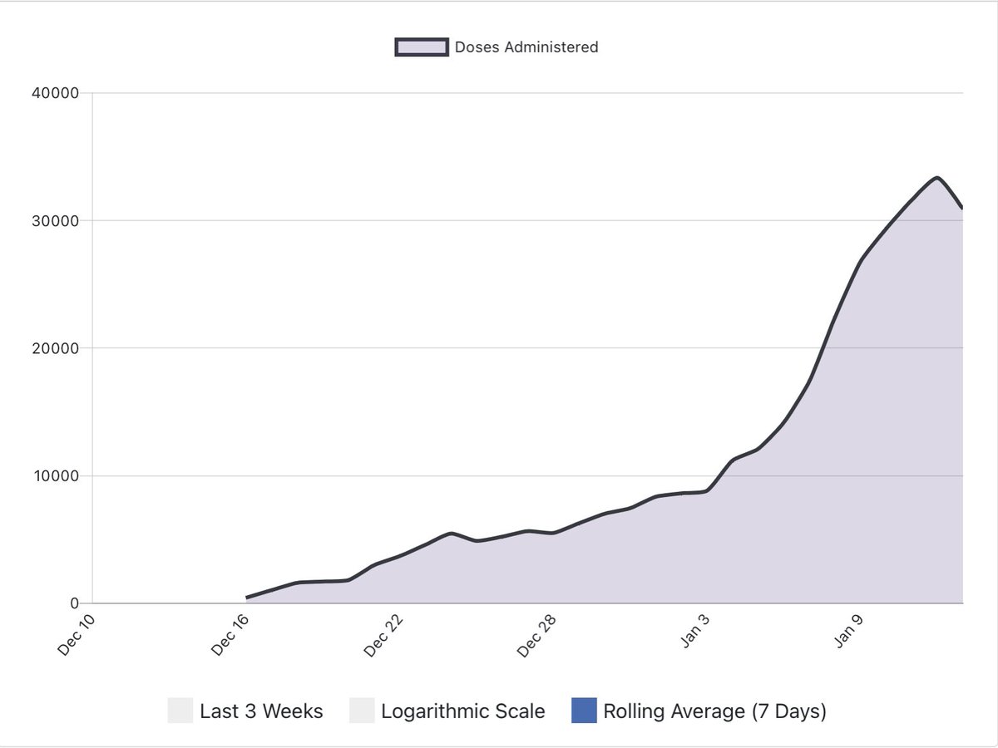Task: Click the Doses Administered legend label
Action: [526, 47]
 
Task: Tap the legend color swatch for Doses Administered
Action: [422, 47]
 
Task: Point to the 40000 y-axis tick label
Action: [55, 93]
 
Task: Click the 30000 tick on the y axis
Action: [55, 221]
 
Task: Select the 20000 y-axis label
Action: [55, 348]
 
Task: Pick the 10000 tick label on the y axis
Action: [55, 476]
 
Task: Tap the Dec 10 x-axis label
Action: [77, 636]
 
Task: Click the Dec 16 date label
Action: [230, 636]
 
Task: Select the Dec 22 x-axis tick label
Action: [384, 636]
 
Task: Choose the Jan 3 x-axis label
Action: [694, 633]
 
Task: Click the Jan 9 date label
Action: [848, 633]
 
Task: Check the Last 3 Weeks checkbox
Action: [180, 711]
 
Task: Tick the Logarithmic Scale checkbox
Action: [362, 711]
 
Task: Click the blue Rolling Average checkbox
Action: [584, 711]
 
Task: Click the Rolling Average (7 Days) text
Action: [714, 711]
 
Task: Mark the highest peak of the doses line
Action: [936, 178]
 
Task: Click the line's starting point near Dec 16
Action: [247, 598]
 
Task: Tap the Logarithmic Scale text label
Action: [462, 711]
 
